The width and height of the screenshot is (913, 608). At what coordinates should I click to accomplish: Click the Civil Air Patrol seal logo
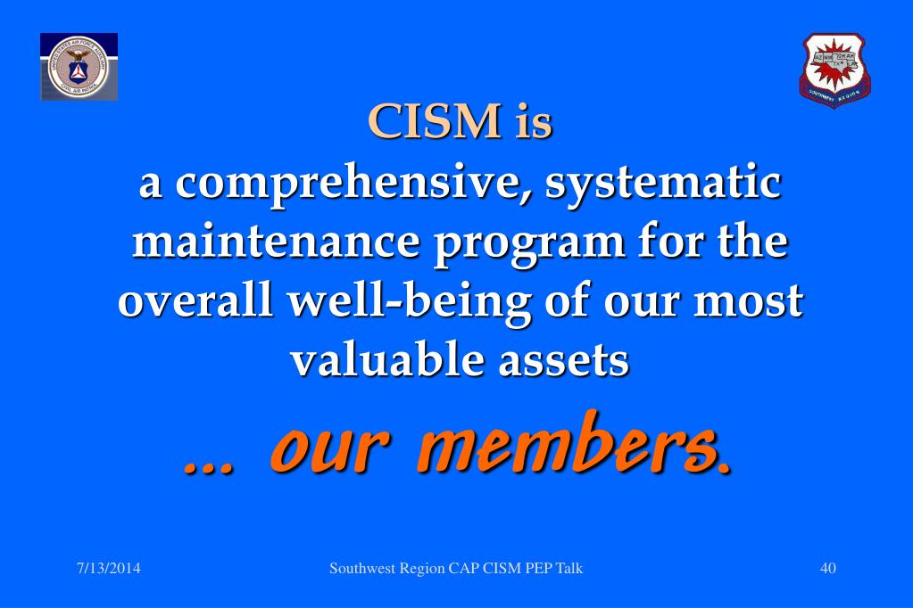click(x=79, y=67)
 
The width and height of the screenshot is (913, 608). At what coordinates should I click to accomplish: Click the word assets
click(x=560, y=361)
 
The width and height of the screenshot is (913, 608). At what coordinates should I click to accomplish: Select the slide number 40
click(x=827, y=569)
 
